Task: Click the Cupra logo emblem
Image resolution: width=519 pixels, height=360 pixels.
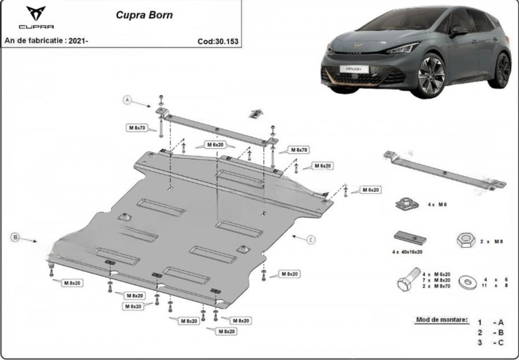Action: click(x=36, y=13)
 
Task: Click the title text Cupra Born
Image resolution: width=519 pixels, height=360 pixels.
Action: click(x=144, y=15)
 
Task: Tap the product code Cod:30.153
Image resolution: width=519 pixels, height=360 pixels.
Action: click(x=218, y=41)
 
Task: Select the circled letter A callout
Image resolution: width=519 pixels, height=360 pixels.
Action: click(x=128, y=99)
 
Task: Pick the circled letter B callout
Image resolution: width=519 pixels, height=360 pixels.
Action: click(x=15, y=237)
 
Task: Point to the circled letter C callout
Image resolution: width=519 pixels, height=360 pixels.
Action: click(x=311, y=240)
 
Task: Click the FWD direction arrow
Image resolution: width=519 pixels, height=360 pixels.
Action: click(x=256, y=113)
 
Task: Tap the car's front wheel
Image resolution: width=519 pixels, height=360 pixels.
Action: click(x=432, y=75)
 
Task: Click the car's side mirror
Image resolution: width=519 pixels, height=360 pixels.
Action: click(x=459, y=31)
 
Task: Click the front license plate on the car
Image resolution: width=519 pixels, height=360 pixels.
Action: click(x=354, y=69)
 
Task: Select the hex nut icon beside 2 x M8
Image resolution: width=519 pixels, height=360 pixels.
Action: click(x=466, y=240)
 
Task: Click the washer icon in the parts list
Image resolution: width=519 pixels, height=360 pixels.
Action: click(x=468, y=282)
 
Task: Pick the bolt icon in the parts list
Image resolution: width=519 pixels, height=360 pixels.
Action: click(x=409, y=278)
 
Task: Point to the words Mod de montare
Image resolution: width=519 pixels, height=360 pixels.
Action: click(x=442, y=320)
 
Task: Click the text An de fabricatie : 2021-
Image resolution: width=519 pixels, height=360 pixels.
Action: click(x=46, y=41)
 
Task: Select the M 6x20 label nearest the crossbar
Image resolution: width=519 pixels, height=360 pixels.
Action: click(x=215, y=145)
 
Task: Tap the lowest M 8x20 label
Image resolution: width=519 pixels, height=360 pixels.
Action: click(x=226, y=331)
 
